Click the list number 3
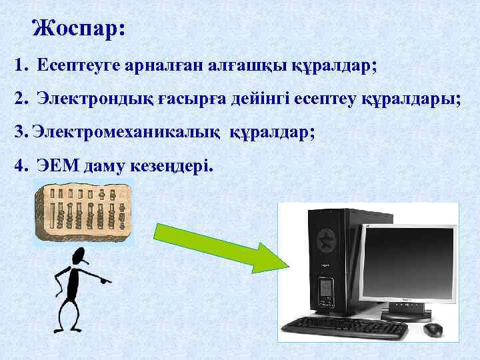click(x=18, y=131)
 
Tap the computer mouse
click(x=433, y=329)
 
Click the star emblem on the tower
click(x=327, y=238)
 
